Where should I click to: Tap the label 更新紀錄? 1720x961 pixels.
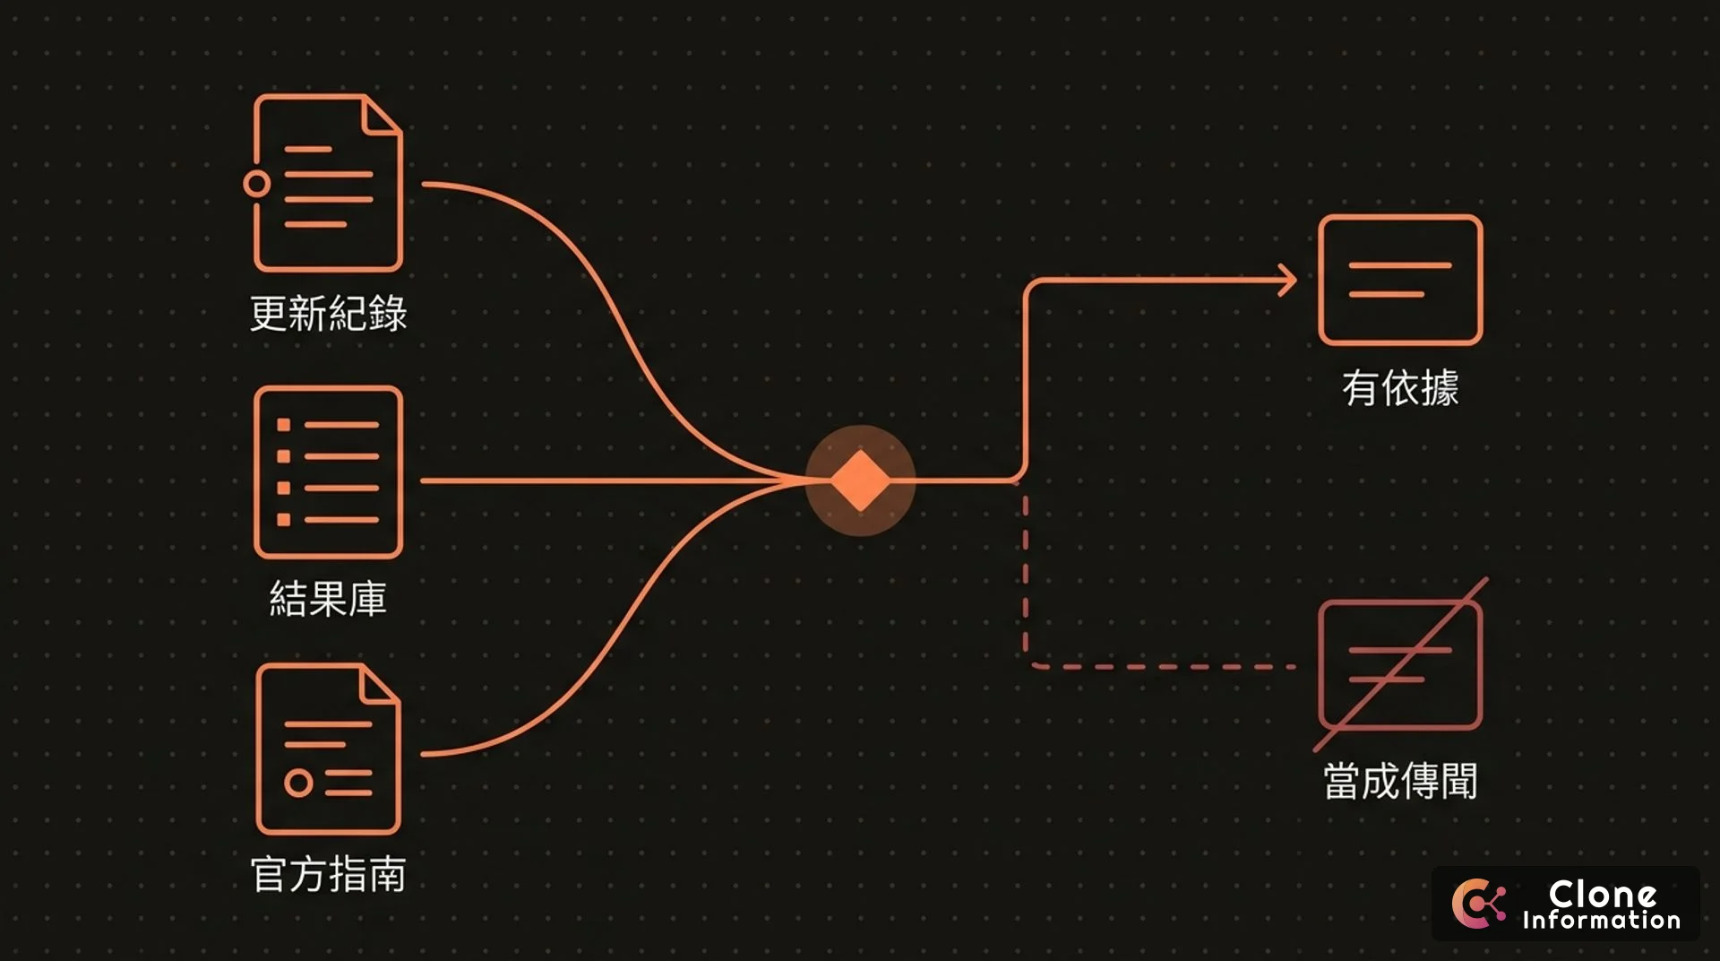(x=328, y=314)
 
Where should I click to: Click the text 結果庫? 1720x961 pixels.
(x=328, y=599)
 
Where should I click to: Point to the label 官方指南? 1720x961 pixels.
(x=328, y=874)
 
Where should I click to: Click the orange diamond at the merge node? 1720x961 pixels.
(x=860, y=480)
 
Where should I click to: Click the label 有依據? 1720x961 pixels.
(x=1400, y=388)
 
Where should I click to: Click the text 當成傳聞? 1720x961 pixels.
(x=1400, y=781)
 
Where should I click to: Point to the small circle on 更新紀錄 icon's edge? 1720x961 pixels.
(x=256, y=184)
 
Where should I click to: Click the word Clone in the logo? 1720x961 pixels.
(x=1602, y=894)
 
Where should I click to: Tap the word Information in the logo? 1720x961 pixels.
(x=1601, y=920)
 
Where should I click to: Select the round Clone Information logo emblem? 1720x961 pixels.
(x=1478, y=904)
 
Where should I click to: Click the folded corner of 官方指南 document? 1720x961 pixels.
(x=380, y=685)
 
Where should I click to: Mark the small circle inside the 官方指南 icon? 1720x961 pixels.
(x=298, y=783)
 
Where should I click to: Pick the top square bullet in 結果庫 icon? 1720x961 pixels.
(x=283, y=425)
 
